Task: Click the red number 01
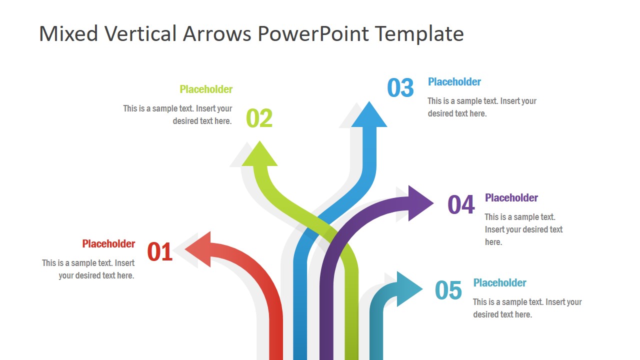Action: pos(160,252)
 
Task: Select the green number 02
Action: pos(259,118)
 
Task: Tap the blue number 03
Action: pos(400,88)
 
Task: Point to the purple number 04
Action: pos(460,204)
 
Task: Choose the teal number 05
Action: pos(448,290)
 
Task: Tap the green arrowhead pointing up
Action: pos(259,154)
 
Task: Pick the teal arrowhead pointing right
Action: pos(408,289)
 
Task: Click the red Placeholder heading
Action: pos(108,244)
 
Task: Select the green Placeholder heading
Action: pos(206,89)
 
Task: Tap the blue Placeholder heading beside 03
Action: pos(454,82)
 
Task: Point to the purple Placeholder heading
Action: pos(511,198)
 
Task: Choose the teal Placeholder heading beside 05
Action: pos(499,283)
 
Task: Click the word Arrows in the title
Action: pos(217,34)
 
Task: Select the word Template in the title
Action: pos(419,34)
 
